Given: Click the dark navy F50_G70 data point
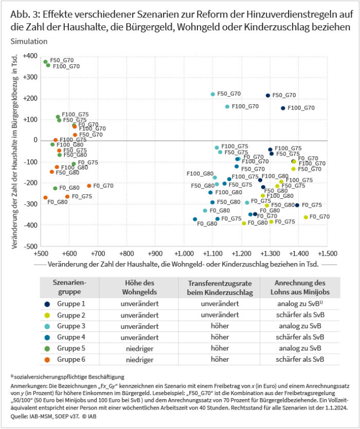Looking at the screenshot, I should click(268, 96).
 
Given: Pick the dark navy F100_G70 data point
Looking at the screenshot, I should click(283, 108).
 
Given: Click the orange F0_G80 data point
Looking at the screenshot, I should click(45, 198).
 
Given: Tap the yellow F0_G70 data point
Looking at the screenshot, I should click(306, 217).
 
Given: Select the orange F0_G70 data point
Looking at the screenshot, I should click(89, 186).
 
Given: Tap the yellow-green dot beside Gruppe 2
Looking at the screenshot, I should click(47, 314).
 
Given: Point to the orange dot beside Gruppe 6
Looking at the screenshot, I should click(47, 359).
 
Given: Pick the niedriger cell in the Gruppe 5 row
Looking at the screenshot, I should click(139, 347).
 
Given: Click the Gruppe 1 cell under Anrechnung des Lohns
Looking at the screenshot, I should click(300, 303).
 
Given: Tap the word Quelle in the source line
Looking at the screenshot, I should click(19, 420).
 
